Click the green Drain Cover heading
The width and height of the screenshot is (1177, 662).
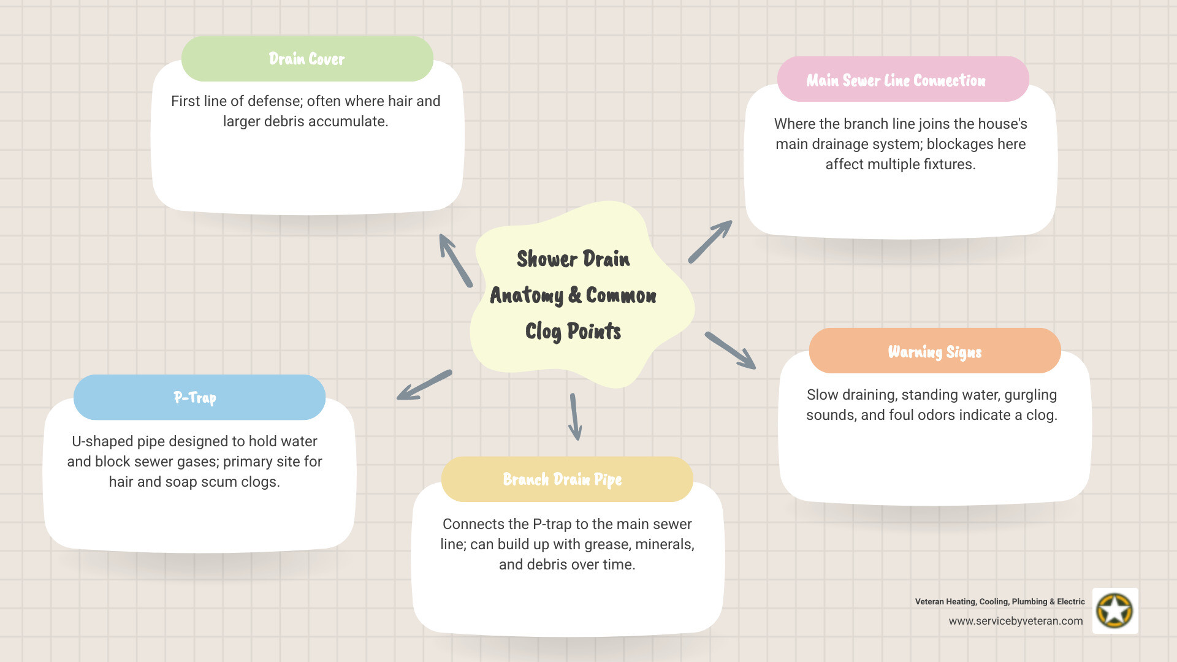pos(307,59)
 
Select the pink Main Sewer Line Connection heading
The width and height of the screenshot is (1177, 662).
pos(896,80)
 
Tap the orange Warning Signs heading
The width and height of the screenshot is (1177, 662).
pos(935,351)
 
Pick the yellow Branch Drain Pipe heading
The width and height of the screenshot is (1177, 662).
pos(562,479)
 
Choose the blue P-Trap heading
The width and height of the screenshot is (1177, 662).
pos(195,397)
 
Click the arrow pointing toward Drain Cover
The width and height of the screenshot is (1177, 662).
pos(455,261)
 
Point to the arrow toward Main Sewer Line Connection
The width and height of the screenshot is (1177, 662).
pos(710,242)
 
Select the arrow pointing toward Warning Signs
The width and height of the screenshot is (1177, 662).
pos(730,351)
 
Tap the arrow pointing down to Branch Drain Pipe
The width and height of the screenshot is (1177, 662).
pos(575,417)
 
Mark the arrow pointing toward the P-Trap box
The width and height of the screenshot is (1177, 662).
pos(424,385)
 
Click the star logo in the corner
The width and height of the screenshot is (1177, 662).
pos(1114,611)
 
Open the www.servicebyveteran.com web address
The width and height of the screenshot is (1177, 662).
pos(1016,621)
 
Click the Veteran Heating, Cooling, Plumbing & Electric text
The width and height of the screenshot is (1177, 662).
pos(1000,601)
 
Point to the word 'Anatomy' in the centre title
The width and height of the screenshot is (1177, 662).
pos(527,295)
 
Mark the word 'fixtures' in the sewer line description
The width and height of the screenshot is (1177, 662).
pos(949,164)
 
